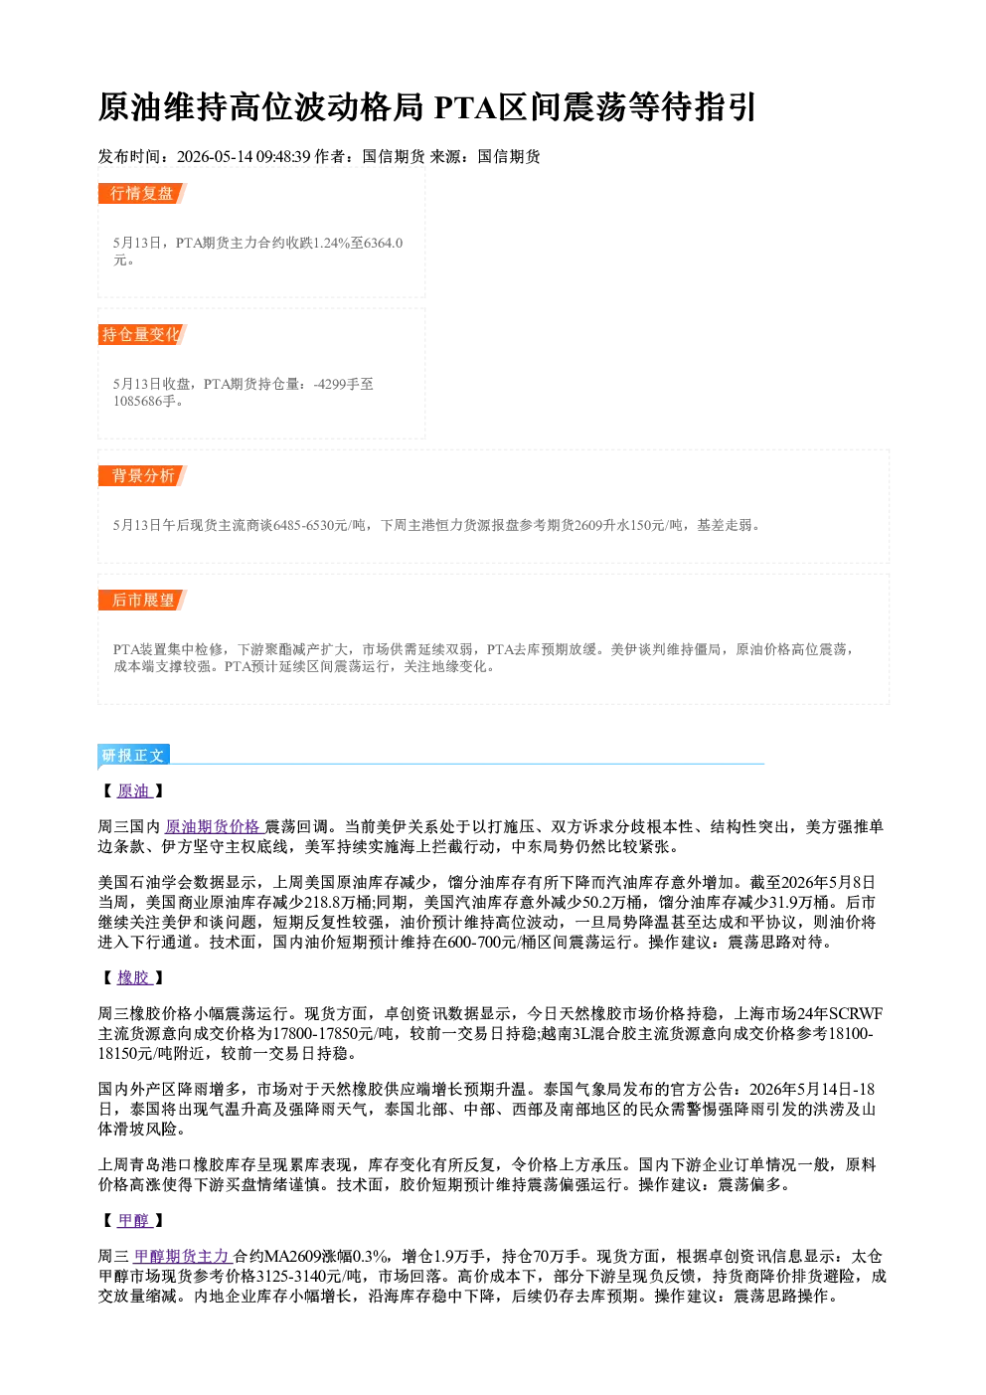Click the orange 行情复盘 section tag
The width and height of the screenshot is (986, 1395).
(142, 193)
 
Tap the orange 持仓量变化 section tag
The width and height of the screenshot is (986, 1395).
(142, 334)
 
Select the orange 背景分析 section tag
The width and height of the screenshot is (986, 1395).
(142, 476)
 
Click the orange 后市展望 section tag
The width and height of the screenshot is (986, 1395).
(142, 601)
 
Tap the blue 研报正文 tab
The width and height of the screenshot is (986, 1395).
(134, 755)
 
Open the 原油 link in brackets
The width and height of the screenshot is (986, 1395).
(135, 790)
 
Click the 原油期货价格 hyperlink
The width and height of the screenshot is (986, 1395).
(214, 826)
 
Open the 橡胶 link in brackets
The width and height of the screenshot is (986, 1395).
(135, 977)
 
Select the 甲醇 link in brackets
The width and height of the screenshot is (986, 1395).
(135, 1221)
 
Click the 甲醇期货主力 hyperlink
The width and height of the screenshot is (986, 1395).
(183, 1256)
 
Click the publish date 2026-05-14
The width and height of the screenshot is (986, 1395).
(215, 156)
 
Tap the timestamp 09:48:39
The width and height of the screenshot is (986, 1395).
(283, 156)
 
